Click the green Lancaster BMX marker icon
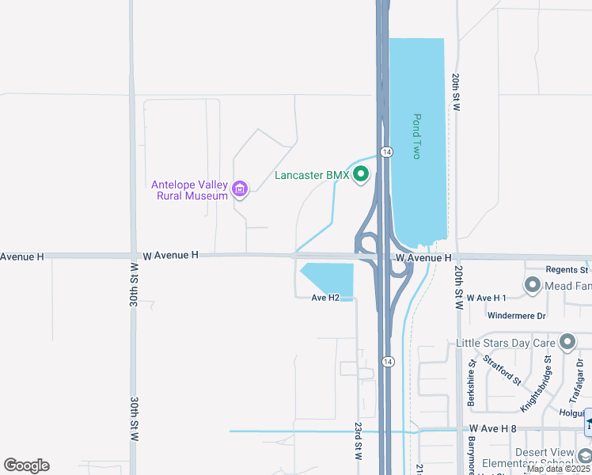click(361, 174)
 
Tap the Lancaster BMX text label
click(312, 175)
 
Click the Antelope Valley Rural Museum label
click(190, 190)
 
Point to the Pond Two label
click(416, 136)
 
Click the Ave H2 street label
click(325, 298)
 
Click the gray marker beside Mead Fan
click(532, 285)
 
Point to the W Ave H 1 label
click(486, 298)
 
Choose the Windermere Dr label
click(517, 315)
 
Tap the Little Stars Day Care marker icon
click(567, 342)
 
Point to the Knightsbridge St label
click(535, 385)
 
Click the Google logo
click(26, 465)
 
